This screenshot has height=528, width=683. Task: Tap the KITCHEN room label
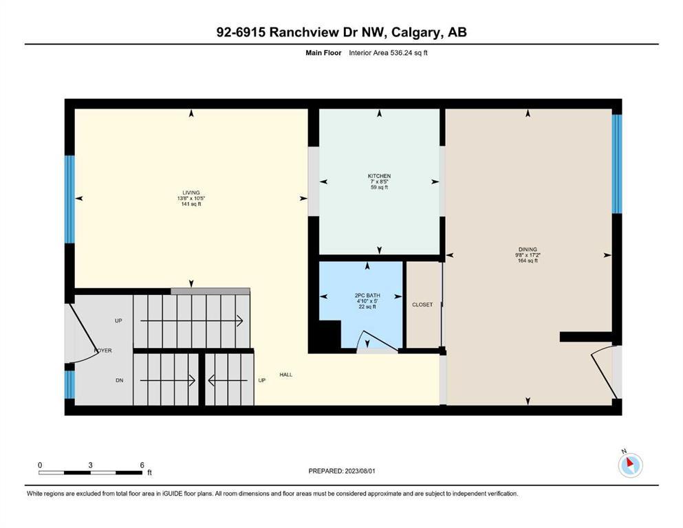(379, 176)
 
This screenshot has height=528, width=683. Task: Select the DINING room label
(528, 250)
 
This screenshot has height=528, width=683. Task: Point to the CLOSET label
(422, 305)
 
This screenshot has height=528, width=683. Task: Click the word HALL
(285, 375)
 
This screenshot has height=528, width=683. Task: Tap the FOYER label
(102, 351)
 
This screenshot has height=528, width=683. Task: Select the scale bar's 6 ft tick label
(142, 465)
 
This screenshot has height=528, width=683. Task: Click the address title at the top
(341, 32)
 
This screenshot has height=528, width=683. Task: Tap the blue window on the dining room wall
(617, 163)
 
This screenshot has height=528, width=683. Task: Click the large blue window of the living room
(69, 199)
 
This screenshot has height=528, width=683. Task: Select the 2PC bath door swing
(376, 342)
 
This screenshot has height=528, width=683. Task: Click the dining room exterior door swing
(602, 371)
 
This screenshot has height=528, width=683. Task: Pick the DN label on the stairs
(118, 379)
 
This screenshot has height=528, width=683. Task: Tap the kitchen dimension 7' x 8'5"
(379, 181)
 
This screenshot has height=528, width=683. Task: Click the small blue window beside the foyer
(69, 385)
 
